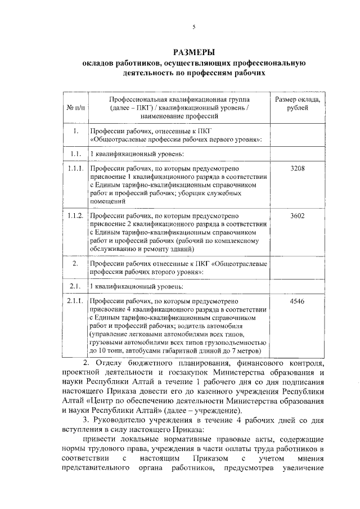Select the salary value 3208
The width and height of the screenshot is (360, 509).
(x=297, y=168)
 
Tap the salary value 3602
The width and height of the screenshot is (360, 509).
(x=297, y=215)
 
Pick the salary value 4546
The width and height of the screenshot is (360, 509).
(x=297, y=302)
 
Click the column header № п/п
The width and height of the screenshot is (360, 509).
(x=75, y=107)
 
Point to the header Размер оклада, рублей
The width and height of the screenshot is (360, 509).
(x=297, y=103)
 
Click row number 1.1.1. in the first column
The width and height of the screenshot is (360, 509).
(x=75, y=168)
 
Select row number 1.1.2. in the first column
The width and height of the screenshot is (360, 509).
(x=75, y=215)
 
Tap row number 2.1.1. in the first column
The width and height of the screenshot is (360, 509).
(x=75, y=302)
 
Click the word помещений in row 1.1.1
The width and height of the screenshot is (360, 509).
(x=107, y=200)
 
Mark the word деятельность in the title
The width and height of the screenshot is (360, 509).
(x=146, y=73)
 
